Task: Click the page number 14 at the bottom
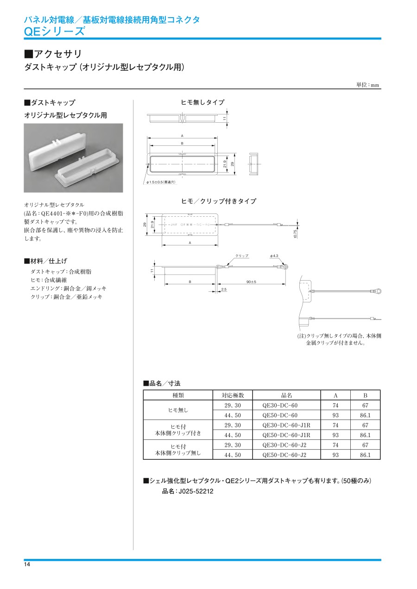[x=27, y=564]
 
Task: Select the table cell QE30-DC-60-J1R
[x=286, y=425]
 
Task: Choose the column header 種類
[x=178, y=395]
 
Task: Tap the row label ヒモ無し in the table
[x=178, y=410]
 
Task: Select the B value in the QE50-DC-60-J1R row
[x=365, y=435]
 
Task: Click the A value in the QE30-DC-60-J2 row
[x=335, y=445]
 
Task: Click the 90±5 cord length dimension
[x=252, y=282]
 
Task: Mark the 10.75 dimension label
[x=295, y=234]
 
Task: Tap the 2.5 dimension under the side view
[x=224, y=289]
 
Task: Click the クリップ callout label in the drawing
[x=242, y=256]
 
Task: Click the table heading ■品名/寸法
[x=161, y=383]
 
